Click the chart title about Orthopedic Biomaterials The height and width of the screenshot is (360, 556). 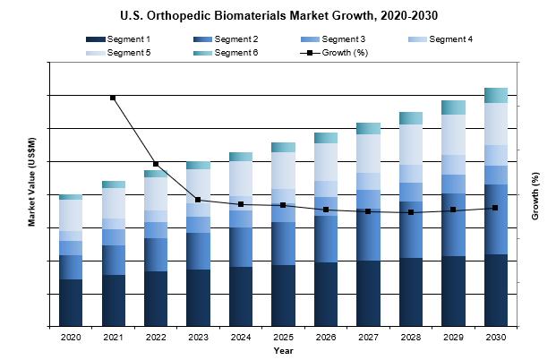pos(278,16)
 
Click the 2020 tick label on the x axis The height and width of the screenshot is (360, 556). pos(71,337)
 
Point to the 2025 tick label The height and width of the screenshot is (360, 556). pos(283,337)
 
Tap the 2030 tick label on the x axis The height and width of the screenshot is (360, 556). pos(496,337)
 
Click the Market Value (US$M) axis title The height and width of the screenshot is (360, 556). pos(31,194)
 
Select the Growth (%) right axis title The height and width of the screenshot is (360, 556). pos(535,195)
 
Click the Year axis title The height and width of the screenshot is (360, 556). pos(283,350)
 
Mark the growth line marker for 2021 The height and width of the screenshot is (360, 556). pos(113,98)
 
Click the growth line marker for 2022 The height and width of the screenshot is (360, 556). pos(156,164)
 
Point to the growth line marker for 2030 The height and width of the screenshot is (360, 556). pos(496,208)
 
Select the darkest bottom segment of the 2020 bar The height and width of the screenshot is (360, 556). pos(71,303)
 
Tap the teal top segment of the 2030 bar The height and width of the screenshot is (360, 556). pos(496,95)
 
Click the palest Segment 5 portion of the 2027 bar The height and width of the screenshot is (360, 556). pos(368,153)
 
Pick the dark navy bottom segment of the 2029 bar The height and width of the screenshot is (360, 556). pos(453,291)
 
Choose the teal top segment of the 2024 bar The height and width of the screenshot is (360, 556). pos(241,157)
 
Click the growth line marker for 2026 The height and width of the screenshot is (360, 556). pos(326,210)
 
